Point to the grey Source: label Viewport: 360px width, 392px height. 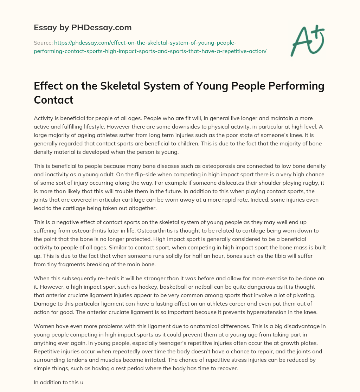click(43, 43)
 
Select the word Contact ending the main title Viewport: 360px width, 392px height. click(53, 100)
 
